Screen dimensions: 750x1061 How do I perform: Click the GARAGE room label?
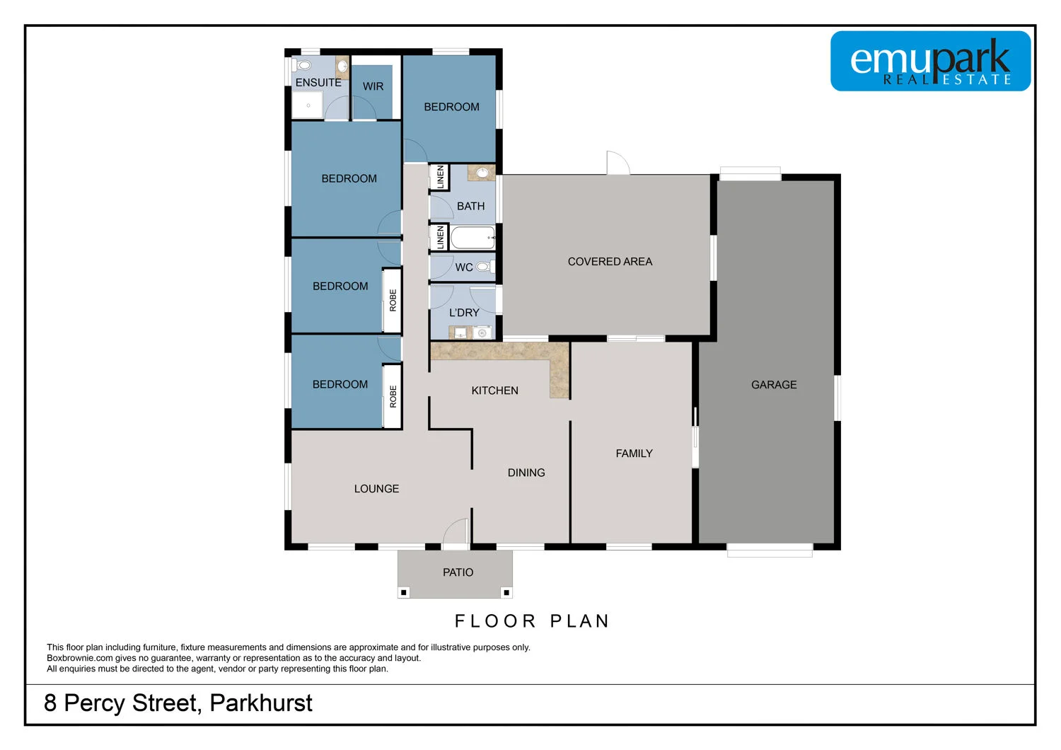[x=774, y=385]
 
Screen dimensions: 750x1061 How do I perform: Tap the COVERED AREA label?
[x=610, y=262]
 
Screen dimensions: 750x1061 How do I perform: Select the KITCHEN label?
[x=494, y=391]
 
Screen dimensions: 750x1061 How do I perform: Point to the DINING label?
[x=526, y=473]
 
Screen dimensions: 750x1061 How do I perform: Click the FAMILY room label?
[x=634, y=454]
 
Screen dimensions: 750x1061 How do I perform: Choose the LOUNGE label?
[x=376, y=489]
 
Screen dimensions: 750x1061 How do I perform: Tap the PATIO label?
[x=458, y=572]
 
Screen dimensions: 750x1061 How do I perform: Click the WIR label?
[x=373, y=86]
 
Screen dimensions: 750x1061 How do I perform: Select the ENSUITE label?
[x=318, y=83]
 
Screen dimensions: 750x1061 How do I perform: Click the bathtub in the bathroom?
[x=472, y=238]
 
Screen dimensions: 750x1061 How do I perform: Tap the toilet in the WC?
[x=484, y=267]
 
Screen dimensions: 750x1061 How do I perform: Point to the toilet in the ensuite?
[x=304, y=66]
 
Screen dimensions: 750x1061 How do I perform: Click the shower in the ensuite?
[x=308, y=105]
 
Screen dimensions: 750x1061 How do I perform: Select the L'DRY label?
[x=464, y=313]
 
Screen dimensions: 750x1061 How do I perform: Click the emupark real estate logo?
[x=930, y=61]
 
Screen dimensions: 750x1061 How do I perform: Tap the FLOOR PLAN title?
[x=531, y=621]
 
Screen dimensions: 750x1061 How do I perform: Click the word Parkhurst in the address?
[x=261, y=703]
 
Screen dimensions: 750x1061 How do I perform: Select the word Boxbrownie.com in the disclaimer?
[x=79, y=658]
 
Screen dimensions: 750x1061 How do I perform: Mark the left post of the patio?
[x=404, y=592]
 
